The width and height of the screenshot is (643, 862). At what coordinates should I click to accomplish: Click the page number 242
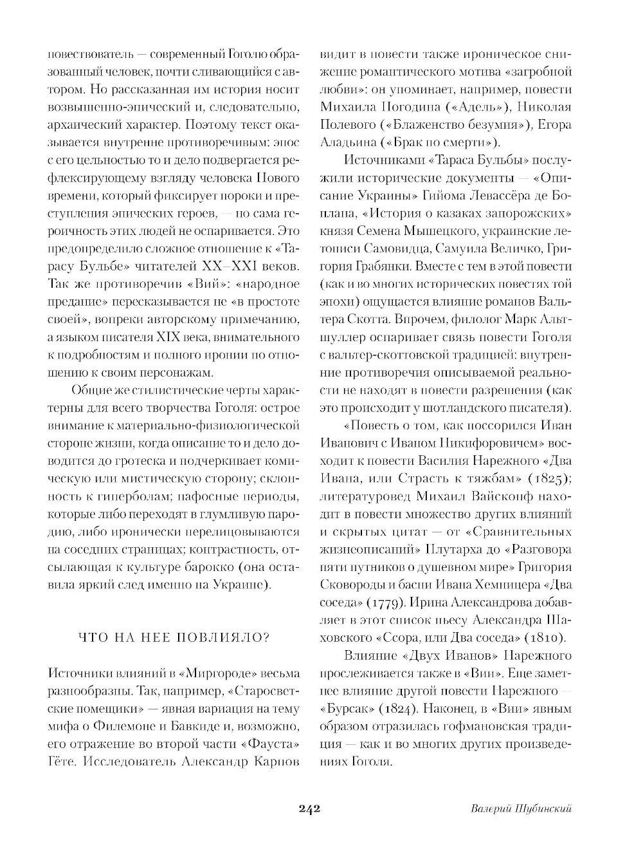pyautogui.click(x=309, y=809)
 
